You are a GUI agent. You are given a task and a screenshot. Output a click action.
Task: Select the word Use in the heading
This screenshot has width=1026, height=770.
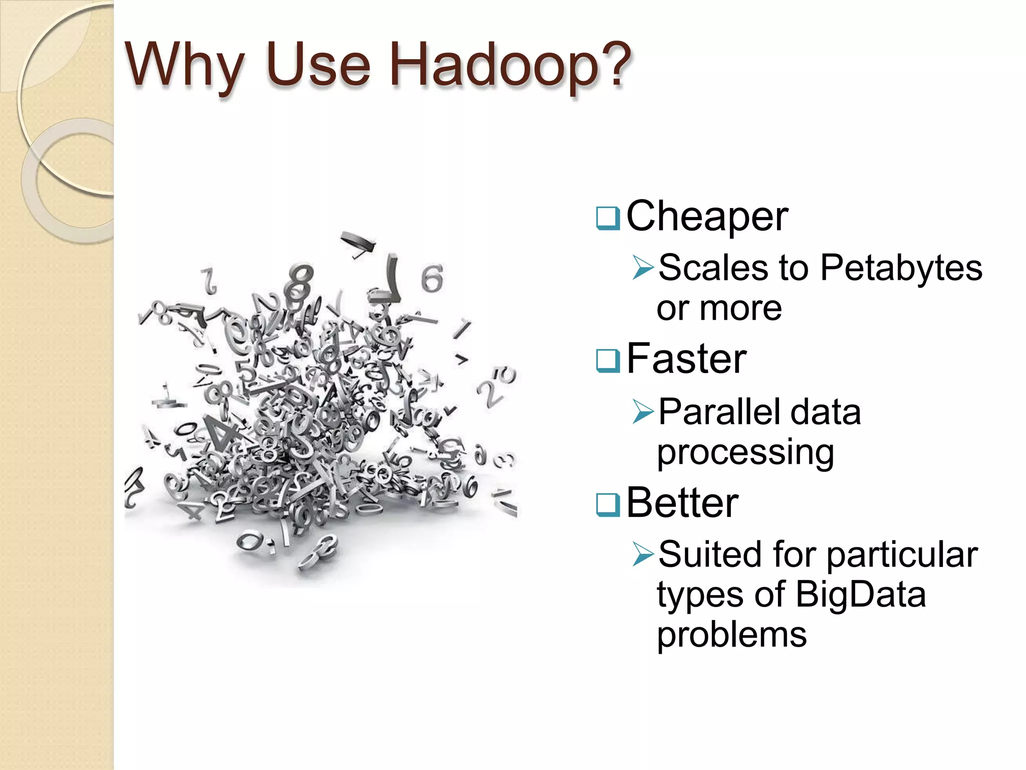tap(319, 65)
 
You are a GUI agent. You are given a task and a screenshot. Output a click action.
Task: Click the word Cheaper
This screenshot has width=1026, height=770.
tap(707, 217)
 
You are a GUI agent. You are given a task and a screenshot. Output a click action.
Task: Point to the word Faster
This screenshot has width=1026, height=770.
tap(686, 358)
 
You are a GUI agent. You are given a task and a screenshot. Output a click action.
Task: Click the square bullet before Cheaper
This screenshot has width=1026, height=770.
tap(608, 219)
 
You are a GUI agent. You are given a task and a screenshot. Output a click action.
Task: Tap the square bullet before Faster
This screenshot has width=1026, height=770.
tap(608, 361)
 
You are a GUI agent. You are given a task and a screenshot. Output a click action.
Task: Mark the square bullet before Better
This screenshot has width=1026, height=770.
tap(608, 505)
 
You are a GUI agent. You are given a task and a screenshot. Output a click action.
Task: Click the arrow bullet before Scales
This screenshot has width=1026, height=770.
tap(643, 267)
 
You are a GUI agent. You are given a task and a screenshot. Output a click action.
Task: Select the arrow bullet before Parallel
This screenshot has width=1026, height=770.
tap(643, 412)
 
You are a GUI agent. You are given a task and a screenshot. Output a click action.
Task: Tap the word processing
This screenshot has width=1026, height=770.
tap(745, 453)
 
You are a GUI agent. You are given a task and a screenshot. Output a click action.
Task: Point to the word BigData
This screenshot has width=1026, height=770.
tap(860, 595)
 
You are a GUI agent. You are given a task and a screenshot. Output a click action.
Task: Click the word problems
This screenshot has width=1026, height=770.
tap(732, 636)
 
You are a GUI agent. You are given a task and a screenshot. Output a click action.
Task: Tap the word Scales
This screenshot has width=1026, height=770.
tap(713, 267)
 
